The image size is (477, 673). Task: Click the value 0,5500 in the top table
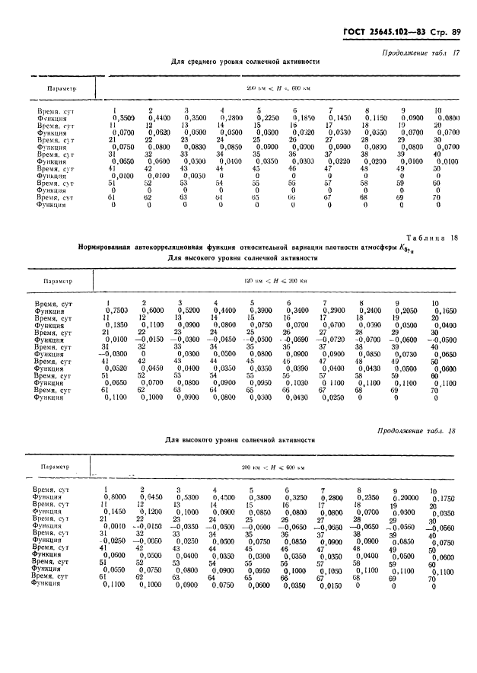coord(122,118)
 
